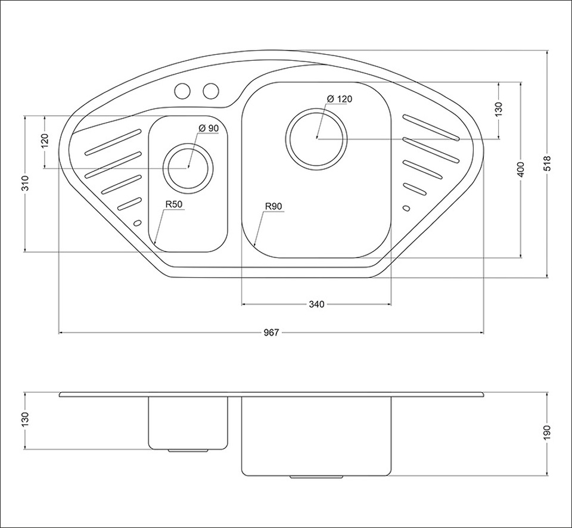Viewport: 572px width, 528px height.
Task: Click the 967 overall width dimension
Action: pyautogui.click(x=271, y=333)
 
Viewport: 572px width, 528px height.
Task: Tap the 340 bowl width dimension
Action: pyautogui.click(x=316, y=305)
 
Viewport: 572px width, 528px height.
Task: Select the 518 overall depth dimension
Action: pyautogui.click(x=548, y=163)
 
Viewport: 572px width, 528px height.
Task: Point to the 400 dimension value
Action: pyautogui.click(x=521, y=169)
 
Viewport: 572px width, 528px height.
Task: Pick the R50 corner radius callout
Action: pyautogui.click(x=173, y=204)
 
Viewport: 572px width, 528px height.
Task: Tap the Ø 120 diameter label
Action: pyautogui.click(x=340, y=99)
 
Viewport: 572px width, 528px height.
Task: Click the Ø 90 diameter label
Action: pyautogui.click(x=209, y=128)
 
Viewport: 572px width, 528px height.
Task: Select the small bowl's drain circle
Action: pyautogui.click(x=188, y=167)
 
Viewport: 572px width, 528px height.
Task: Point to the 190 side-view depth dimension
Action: pyautogui.click(x=548, y=433)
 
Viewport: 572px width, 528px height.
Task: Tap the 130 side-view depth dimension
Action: pyautogui.click(x=25, y=420)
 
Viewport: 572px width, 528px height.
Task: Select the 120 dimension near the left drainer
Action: pyautogui.click(x=45, y=142)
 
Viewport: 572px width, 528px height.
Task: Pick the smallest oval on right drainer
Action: pyautogui.click(x=406, y=208)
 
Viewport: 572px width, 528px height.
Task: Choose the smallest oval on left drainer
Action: pyautogui.click(x=138, y=223)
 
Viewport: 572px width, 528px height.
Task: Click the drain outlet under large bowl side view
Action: pyautogui.click(x=316, y=477)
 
